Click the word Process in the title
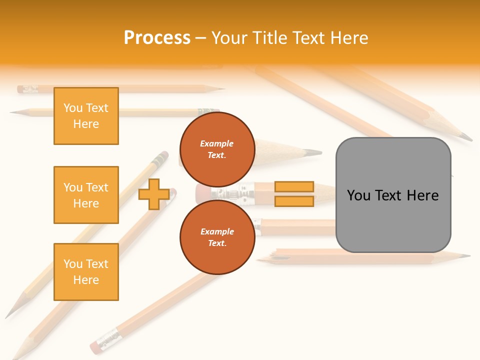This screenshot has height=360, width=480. [x=157, y=38]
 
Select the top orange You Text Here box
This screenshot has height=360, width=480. [x=86, y=116]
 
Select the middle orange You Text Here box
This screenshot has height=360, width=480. [x=86, y=195]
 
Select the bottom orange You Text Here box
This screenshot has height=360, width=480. [x=86, y=272]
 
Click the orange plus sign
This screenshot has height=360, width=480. [x=153, y=194]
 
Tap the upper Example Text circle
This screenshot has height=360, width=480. [x=217, y=149]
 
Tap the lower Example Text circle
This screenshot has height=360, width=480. [x=217, y=237]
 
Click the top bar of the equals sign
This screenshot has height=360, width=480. [x=294, y=187]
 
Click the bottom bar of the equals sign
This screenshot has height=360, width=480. [x=294, y=201]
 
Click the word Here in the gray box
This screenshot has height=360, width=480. [x=422, y=195]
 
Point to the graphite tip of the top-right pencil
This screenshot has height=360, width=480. [x=467, y=137]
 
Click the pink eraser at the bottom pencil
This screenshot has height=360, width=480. [x=95, y=346]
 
